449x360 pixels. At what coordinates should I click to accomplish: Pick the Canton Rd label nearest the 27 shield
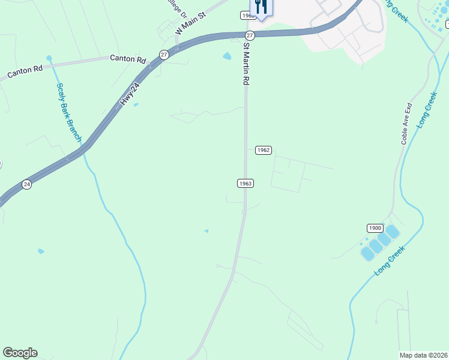coord(128,59)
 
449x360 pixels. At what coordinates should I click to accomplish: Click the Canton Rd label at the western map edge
coord(25,70)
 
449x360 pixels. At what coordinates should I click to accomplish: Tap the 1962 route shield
coord(263,149)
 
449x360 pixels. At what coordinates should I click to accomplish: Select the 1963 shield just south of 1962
coord(244,183)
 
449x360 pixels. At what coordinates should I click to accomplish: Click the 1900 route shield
coord(375,228)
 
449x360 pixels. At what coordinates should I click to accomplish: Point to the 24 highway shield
coord(26,184)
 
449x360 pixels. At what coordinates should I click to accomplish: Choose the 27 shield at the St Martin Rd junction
coord(250,36)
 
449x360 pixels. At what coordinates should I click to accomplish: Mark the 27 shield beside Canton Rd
coord(164,55)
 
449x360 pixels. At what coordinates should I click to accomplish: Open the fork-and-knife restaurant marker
coord(261,7)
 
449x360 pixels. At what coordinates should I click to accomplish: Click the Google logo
coord(20,352)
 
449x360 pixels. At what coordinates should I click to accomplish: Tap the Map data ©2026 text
coord(424,355)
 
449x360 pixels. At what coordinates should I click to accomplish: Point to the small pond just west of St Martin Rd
coord(227,56)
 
